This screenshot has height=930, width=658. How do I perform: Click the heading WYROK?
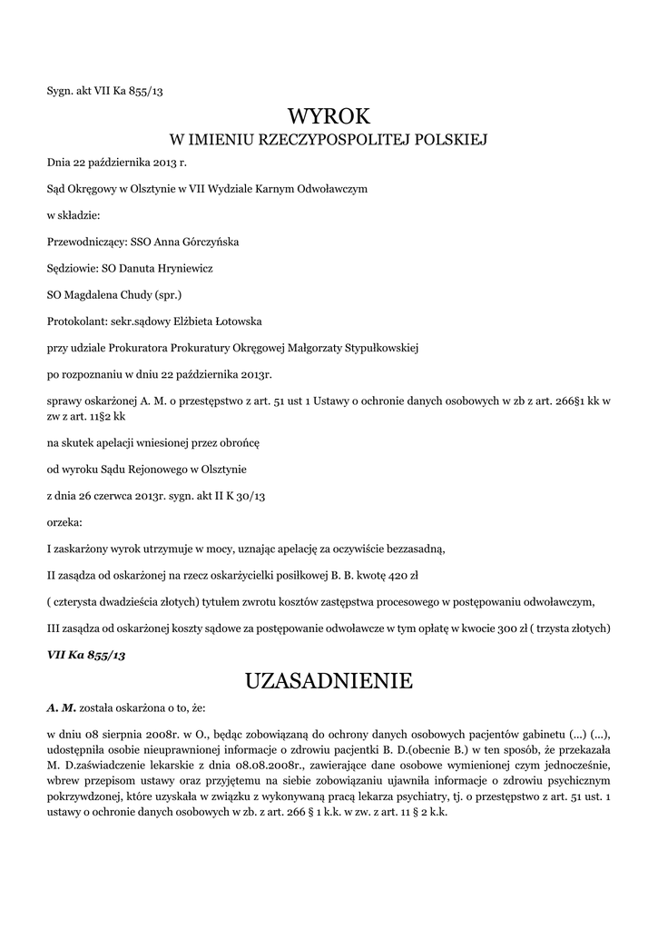(329, 115)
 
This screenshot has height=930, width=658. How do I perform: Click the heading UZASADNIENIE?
(329, 680)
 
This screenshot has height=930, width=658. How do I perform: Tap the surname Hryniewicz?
(182, 269)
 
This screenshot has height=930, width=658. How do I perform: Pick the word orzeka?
(64, 522)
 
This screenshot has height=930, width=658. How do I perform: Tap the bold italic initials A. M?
(62, 706)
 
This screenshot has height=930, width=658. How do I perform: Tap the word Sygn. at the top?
(61, 90)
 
